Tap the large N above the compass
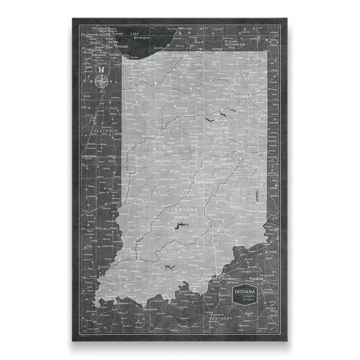[x=102, y=70]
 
